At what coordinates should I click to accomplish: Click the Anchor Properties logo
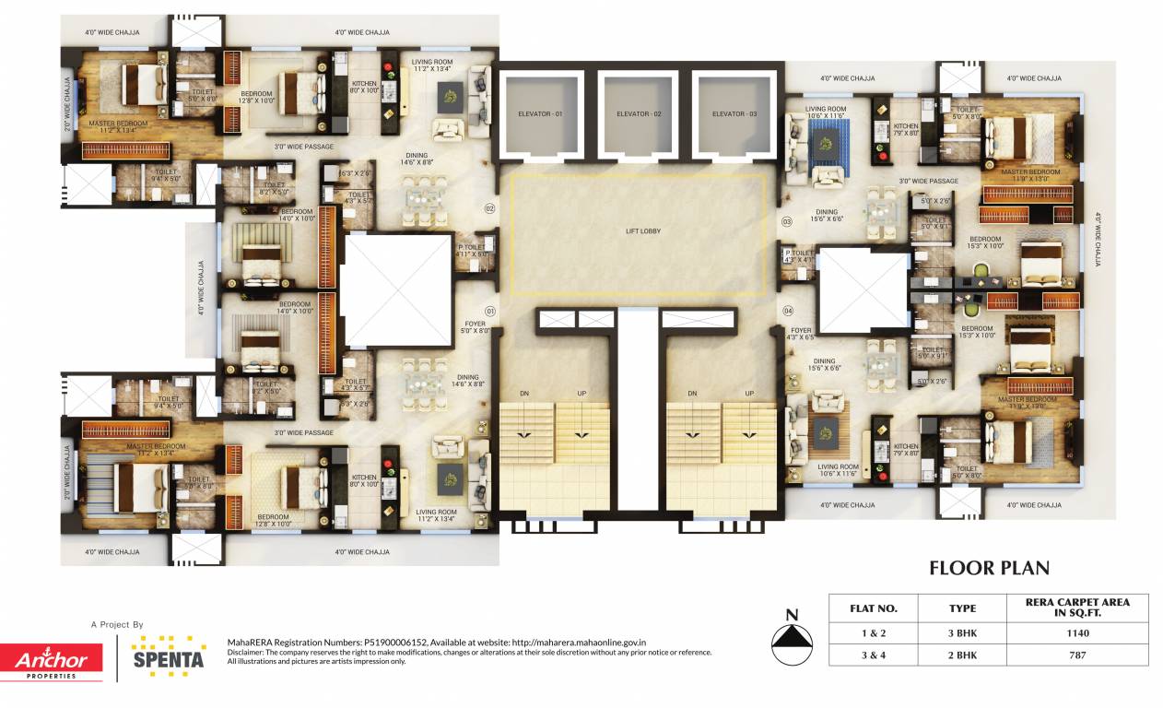pos(52,661)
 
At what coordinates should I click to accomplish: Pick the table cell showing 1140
pos(1077,633)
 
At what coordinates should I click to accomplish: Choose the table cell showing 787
pos(1077,655)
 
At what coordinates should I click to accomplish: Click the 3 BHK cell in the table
pos(962,633)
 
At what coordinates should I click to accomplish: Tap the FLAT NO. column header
pos(875,608)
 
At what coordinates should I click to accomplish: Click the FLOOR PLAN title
pos(989,568)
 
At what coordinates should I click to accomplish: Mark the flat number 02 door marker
pos(490,208)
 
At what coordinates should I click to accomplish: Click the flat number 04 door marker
pos(787,311)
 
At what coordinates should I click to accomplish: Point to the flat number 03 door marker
pos(787,222)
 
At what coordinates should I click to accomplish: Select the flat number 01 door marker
pos(490,311)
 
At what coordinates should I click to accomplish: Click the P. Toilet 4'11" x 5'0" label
pos(475,250)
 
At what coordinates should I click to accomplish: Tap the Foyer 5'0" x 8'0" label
pos(476,327)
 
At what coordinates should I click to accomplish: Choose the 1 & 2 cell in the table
pos(875,633)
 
